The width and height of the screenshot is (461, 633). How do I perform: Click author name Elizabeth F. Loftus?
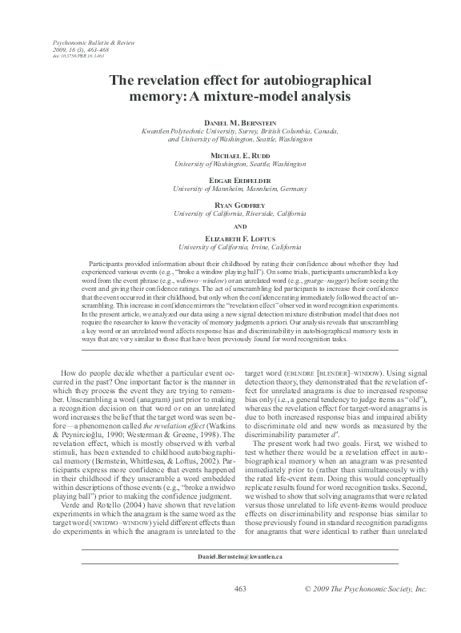point(230,237)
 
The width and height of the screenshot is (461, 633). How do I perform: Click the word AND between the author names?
point(230,225)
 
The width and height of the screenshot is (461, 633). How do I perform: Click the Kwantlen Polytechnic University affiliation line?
point(230,129)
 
